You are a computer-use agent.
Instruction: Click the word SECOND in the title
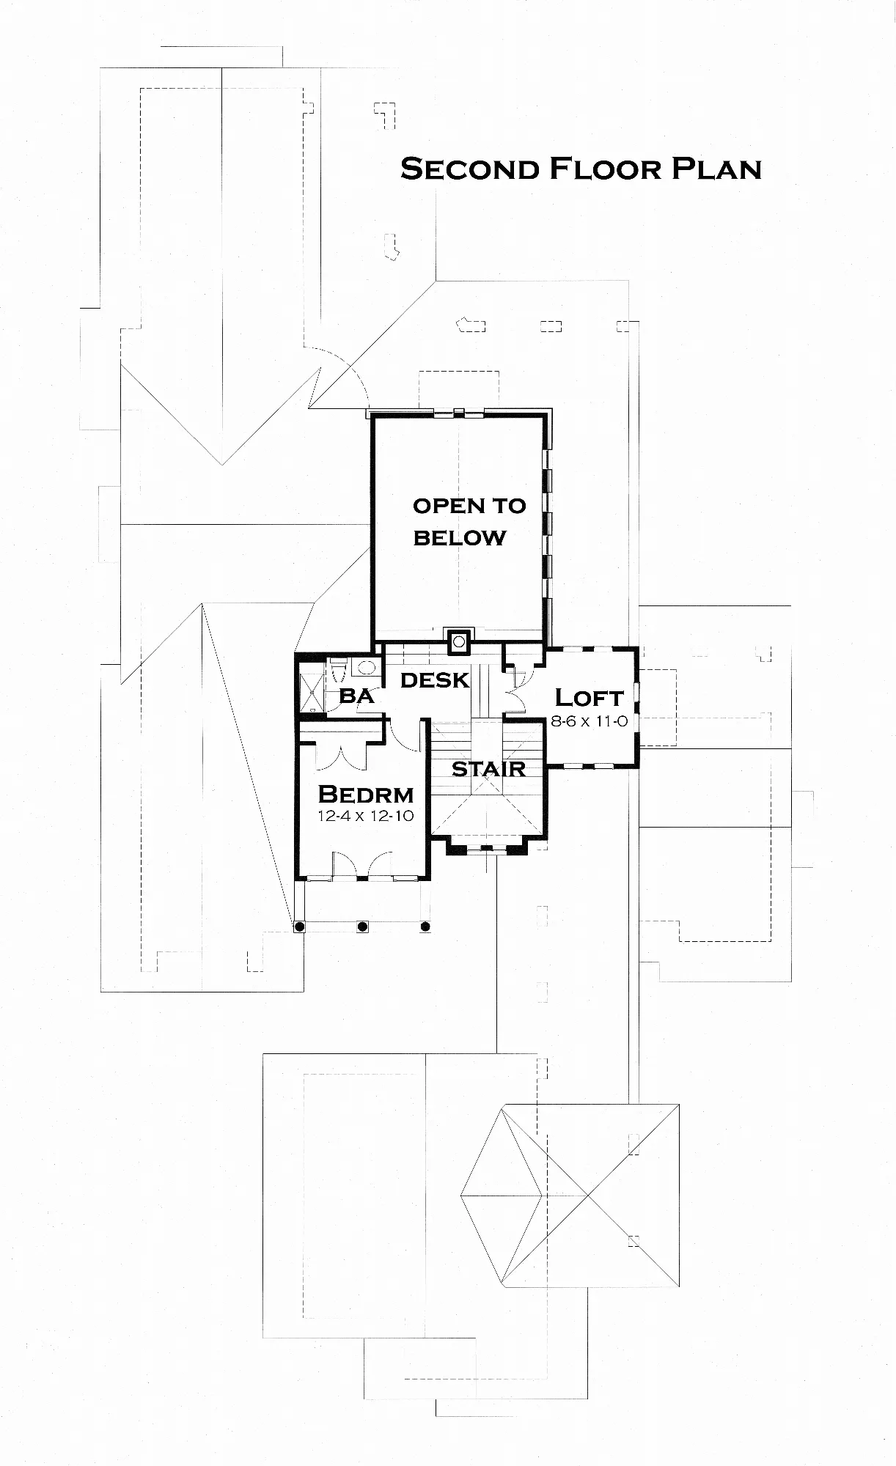coord(470,169)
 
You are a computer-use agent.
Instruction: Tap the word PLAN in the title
coord(716,169)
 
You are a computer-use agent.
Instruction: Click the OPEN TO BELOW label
coord(469,521)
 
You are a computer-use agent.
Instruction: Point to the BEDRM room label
coord(366,795)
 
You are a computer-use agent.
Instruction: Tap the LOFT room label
coord(589,697)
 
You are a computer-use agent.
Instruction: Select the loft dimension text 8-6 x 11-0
coord(589,721)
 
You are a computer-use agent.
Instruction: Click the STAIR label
coord(488,769)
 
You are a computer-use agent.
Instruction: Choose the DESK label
coord(435,680)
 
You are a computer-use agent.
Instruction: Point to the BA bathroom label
coord(356,696)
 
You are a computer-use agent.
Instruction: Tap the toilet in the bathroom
coord(338,670)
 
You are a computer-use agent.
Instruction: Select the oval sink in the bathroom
coord(365,667)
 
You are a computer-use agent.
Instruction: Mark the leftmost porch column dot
coord(299,927)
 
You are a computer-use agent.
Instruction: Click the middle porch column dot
coord(362,927)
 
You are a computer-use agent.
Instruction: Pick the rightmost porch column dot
coord(425,927)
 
